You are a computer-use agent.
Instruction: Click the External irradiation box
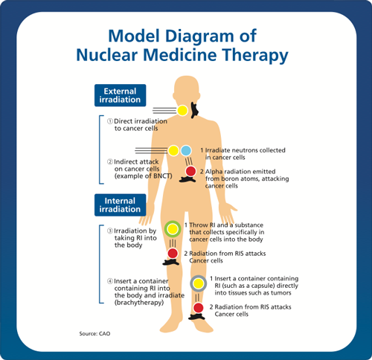coord(120,95)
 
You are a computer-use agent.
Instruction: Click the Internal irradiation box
coord(120,205)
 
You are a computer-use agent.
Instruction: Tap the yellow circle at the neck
coord(182,110)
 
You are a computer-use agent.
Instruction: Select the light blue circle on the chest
coord(186,150)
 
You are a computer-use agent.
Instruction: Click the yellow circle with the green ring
coord(173,229)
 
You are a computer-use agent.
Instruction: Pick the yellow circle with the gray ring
coord(199,283)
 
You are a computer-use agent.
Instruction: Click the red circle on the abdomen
coord(190,171)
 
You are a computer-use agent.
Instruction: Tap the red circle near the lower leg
coord(199,308)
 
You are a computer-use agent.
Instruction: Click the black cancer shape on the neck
coord(194,110)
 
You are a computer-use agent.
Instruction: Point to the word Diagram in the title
coord(199,36)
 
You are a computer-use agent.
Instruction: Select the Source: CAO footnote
coord(94,334)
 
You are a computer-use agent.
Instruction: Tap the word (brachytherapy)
coord(139,303)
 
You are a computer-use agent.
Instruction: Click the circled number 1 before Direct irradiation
coord(110,121)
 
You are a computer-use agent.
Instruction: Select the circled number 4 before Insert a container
coord(110,281)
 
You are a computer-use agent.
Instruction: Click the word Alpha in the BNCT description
coord(214,172)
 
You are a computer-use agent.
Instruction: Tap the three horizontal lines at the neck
coord(164,110)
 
